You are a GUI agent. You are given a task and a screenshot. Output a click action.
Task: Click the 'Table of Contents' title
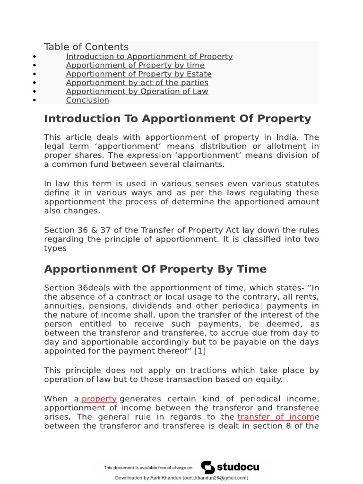86,47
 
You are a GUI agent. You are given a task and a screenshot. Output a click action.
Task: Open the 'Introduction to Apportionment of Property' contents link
149,57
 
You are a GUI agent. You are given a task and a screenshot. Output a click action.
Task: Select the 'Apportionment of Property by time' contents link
135,65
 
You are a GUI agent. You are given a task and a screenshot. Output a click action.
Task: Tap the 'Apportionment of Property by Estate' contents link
138,74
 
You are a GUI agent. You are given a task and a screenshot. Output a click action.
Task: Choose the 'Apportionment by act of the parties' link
137,83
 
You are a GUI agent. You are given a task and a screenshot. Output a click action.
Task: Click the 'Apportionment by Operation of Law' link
137,92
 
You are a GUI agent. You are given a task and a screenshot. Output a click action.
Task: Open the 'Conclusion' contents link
87,100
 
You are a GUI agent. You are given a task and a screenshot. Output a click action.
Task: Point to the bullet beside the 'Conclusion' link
35,100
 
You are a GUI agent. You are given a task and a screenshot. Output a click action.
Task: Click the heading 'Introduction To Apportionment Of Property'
177,119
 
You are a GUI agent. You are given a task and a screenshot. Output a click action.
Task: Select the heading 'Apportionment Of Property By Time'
155,269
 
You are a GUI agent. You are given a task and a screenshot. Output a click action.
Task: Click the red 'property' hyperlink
99,399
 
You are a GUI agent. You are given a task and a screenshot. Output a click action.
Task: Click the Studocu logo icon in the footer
207,467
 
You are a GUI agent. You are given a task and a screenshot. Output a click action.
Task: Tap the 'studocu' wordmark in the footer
238,467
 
